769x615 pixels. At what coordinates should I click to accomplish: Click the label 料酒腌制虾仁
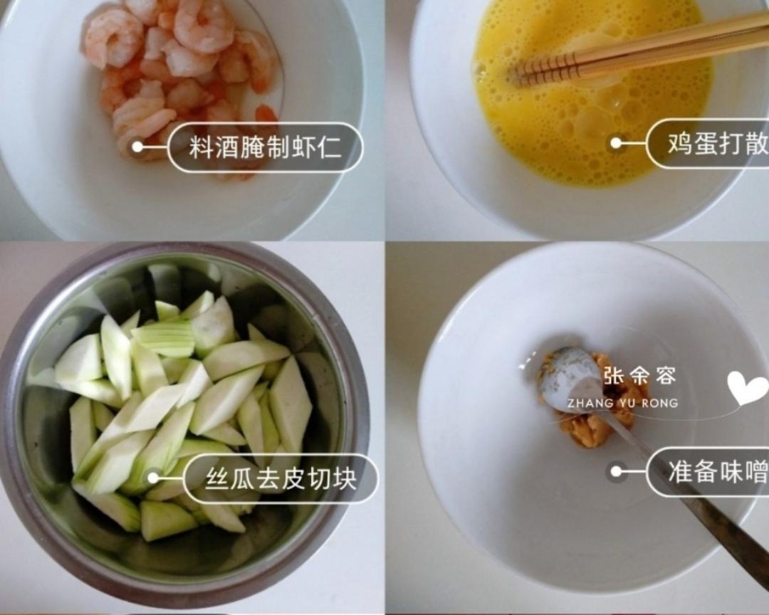point(265,147)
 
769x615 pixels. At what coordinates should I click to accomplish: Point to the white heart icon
point(747,388)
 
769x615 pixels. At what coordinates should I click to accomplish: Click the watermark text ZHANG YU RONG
point(622,404)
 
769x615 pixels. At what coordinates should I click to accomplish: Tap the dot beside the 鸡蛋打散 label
point(616,143)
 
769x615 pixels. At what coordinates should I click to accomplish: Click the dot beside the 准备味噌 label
point(617,472)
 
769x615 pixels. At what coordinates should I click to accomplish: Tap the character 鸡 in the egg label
point(681,143)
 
